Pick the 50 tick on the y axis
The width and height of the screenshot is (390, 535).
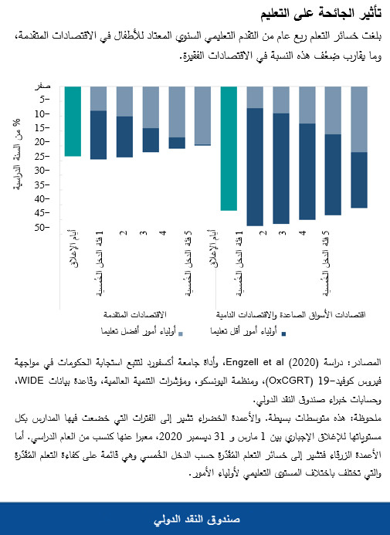[44, 228]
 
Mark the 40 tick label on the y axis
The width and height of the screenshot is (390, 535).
[44, 199]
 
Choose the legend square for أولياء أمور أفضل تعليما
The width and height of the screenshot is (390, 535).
[181, 334]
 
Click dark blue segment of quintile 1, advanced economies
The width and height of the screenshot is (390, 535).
[98, 135]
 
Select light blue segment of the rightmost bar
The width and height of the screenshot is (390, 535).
[359, 120]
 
